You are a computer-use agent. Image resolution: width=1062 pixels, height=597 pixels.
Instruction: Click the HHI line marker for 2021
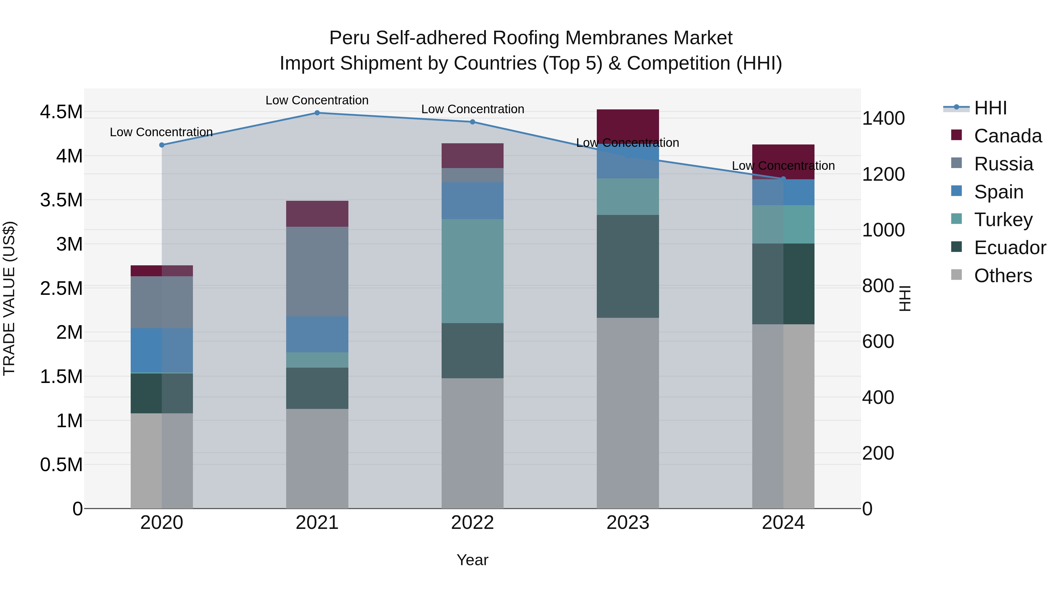317,113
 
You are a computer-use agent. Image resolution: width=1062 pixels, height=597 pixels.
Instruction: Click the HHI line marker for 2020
162,145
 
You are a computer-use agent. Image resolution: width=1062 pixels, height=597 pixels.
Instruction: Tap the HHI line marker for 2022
473,122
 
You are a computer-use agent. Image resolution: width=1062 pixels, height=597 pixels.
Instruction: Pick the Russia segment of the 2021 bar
317,272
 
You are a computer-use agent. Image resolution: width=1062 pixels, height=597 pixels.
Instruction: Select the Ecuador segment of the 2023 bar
627,266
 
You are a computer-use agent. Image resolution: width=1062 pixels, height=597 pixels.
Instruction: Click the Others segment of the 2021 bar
317,458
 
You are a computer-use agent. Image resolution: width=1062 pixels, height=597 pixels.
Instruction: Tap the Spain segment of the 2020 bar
162,350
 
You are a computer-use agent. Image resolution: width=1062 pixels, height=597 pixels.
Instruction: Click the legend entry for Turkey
1003,220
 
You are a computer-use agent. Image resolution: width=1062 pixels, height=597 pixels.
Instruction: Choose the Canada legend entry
1007,136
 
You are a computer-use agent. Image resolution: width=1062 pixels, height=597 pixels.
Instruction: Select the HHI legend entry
990,108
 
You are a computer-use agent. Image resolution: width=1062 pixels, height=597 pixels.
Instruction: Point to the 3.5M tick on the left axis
61,200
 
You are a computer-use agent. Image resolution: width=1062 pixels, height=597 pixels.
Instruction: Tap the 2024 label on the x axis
783,523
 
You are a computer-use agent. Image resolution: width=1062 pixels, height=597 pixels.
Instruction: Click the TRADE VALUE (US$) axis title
9,298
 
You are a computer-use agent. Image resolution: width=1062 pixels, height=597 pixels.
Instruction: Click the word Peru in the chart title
349,38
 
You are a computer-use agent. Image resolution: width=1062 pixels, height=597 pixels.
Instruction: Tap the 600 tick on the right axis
878,342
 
